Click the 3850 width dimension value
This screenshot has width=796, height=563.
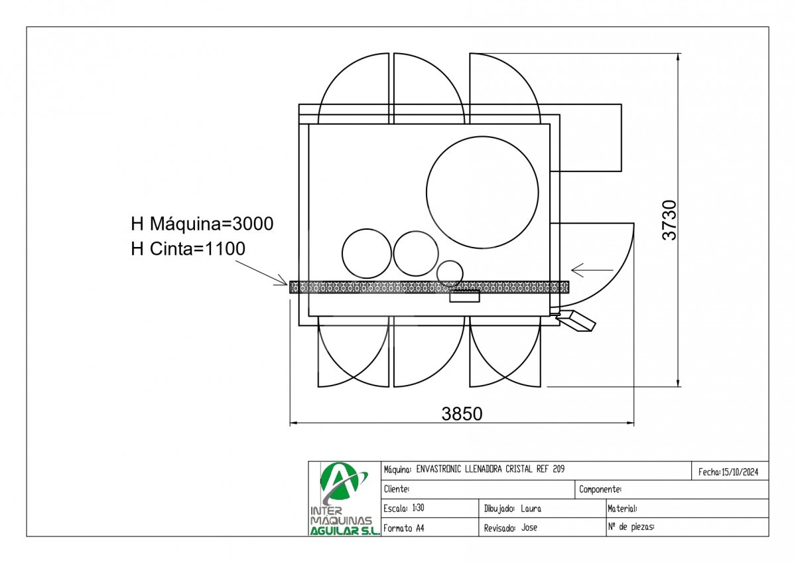point(462,414)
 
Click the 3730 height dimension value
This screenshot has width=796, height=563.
point(669,220)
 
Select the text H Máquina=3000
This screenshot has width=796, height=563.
point(202,224)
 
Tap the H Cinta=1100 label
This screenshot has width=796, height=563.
point(188,248)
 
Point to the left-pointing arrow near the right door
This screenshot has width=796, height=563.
point(592,270)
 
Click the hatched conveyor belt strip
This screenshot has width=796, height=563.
point(429,287)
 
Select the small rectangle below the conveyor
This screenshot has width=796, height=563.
point(464,297)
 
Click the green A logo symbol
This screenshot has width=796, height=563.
point(340,483)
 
